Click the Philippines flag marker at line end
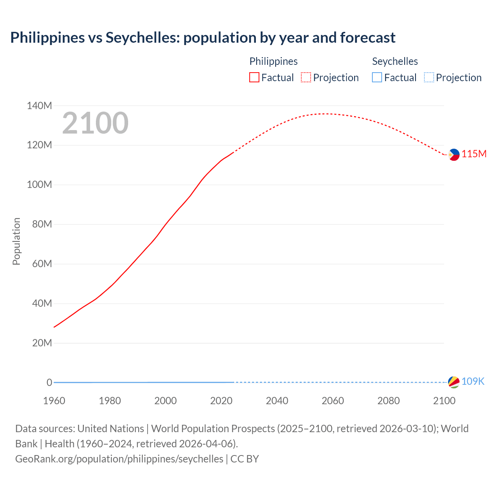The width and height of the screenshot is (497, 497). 454,155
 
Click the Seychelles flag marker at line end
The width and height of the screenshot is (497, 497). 454,382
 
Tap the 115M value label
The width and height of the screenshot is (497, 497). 474,154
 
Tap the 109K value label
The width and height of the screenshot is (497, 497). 473,382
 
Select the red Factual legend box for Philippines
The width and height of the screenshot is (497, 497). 254,78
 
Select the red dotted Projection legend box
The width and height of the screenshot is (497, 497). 306,78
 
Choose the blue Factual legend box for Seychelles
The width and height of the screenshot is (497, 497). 377,78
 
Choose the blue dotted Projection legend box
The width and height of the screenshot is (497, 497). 429,78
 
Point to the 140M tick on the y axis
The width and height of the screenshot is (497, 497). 39,106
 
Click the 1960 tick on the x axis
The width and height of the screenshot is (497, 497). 54,401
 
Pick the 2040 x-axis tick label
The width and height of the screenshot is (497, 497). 277,401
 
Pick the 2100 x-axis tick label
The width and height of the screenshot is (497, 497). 444,401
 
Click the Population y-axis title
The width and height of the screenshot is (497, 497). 16,241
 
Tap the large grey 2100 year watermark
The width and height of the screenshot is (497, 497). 95,123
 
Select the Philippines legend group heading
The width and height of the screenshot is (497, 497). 273,61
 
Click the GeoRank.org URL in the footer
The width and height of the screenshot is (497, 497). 119,459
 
